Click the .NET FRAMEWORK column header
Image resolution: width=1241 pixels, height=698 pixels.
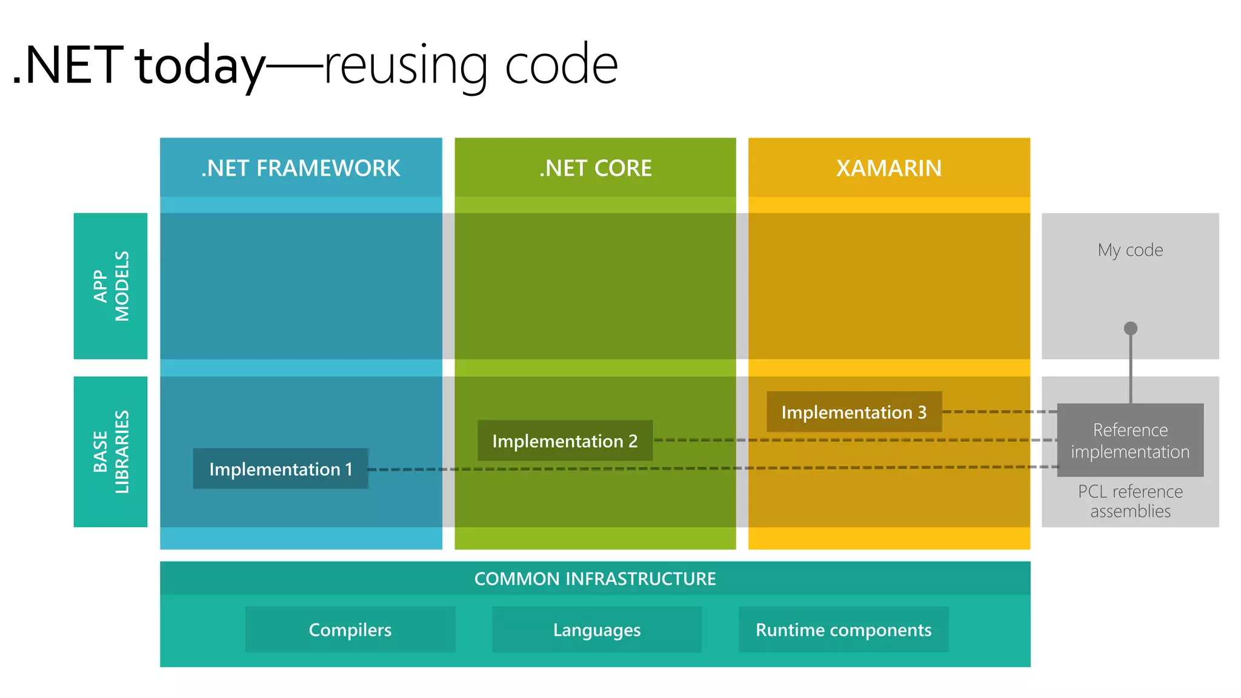[301, 168]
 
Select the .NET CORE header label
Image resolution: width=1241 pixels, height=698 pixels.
[595, 168]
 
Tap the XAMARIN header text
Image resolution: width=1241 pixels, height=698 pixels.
[889, 168]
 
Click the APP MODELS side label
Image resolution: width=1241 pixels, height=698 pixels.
[111, 286]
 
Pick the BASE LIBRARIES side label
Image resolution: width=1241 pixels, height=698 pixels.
[111, 452]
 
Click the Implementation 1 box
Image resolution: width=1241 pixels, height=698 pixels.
[281, 469]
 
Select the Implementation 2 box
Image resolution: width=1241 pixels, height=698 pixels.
[565, 441]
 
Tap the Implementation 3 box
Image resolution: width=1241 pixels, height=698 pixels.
[854, 413]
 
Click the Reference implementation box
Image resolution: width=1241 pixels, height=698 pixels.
[1130, 440]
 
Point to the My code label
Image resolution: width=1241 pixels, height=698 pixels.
[1130, 250]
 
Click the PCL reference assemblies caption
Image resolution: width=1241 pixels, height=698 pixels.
[1130, 501]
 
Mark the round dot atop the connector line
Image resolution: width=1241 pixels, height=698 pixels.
[1131, 328]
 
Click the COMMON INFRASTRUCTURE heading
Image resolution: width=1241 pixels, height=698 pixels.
[595, 579]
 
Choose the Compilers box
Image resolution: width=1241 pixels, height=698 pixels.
[350, 630]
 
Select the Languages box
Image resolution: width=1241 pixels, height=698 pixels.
[597, 630]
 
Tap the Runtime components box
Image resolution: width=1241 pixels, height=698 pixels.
[843, 630]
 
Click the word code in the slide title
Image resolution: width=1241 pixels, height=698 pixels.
[561, 65]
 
